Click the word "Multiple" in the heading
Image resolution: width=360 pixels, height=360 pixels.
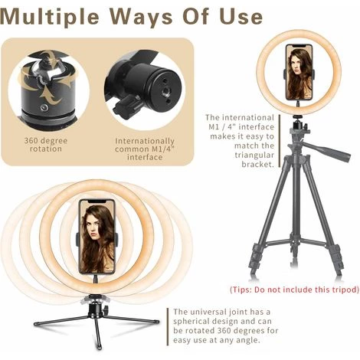(50, 17)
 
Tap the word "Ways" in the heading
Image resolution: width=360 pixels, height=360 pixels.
(142, 16)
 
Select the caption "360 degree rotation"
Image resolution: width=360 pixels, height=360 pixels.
(46, 145)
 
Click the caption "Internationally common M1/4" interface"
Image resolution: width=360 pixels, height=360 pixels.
(145, 149)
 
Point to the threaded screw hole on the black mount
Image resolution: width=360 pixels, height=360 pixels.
(165, 91)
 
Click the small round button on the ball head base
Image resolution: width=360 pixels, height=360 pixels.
(44, 107)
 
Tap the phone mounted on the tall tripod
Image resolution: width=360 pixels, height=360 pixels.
(299, 72)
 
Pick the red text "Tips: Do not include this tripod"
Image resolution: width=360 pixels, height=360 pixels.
(295, 290)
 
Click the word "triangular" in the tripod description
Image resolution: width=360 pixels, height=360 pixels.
(254, 155)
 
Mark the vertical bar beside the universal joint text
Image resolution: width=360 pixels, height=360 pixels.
(168, 327)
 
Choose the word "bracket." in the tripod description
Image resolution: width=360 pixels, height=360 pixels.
(258, 164)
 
